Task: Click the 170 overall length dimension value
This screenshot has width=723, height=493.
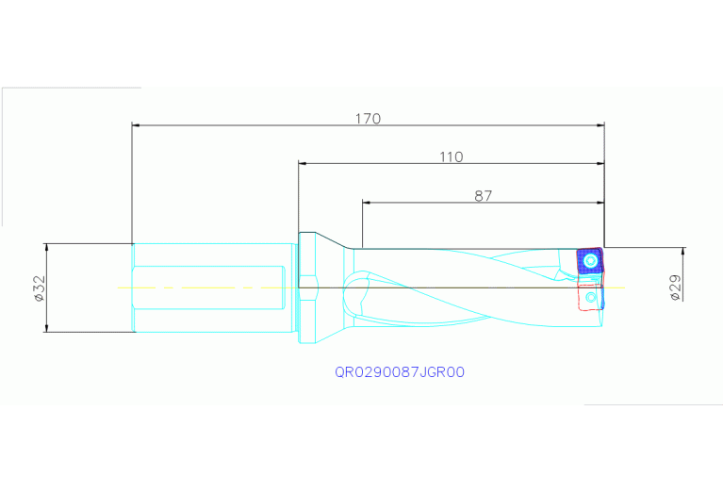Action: point(368,119)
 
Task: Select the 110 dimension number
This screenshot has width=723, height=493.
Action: point(452,156)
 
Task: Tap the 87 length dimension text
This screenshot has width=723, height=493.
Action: point(484,196)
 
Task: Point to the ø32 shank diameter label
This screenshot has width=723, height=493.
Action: point(39,288)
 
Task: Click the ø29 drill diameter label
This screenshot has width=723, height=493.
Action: point(676,287)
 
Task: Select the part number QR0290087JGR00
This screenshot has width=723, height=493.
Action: point(400,372)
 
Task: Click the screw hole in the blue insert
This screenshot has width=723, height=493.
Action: point(591,260)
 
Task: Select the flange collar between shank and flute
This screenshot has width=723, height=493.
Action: point(308,288)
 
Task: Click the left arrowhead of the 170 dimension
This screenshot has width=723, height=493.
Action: point(136,124)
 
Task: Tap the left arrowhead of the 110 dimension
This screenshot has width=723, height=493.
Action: point(303,163)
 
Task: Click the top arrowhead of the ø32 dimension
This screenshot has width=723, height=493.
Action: point(45,247)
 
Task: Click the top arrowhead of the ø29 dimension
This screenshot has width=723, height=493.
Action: point(684,252)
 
